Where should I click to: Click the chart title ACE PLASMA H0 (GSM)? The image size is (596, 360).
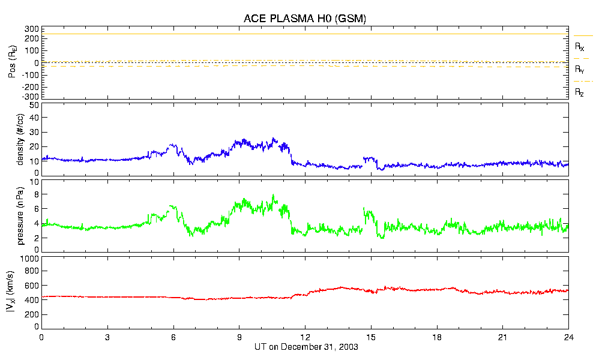pos(304,19)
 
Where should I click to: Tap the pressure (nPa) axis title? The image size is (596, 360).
pos(20,215)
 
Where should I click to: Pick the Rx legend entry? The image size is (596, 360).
pos(580,46)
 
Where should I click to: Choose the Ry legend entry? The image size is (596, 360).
pos(580,69)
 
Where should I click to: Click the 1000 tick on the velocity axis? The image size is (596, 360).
pos(30,259)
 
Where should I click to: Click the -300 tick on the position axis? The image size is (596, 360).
pos(30,96)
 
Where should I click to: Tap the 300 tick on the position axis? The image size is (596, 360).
pos(32,29)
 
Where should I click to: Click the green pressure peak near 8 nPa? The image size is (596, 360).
pos(273,196)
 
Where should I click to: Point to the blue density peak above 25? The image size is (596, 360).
pos(274,139)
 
